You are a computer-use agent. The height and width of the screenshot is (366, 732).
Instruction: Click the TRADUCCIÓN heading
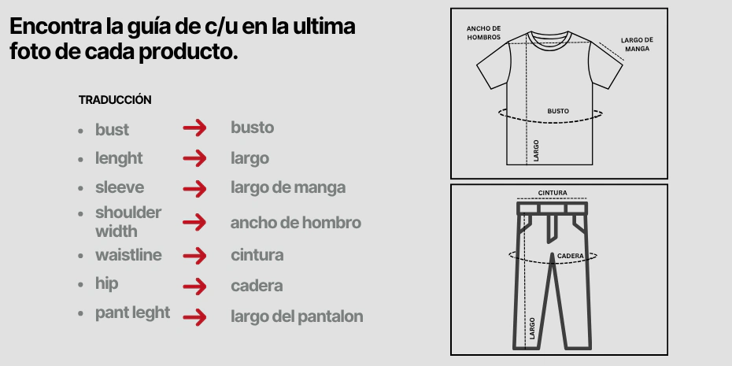115,100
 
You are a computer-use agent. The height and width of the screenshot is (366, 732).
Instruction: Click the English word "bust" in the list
112,129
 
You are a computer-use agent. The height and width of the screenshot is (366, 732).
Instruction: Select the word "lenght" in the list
119,159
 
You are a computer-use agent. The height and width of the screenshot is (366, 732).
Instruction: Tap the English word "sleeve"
120,187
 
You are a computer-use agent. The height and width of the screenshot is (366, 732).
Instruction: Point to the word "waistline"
128,255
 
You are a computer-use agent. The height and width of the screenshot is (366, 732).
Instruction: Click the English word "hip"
107,284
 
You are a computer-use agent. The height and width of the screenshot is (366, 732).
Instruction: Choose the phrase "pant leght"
132,312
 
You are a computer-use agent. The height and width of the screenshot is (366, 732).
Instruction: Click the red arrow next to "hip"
194,287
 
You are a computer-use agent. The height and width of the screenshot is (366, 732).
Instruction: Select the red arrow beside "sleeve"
194,189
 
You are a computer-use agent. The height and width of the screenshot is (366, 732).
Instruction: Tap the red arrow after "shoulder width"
194,222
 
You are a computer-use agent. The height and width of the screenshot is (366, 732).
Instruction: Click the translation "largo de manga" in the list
288,187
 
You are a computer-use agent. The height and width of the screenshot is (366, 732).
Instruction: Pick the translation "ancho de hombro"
296,223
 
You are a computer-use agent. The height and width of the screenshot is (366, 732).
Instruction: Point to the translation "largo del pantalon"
297,316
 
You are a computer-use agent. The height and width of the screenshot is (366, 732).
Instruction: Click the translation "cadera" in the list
257,286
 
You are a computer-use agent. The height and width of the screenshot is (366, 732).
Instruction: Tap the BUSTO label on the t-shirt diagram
558,111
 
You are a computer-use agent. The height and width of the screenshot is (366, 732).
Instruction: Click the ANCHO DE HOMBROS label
483,33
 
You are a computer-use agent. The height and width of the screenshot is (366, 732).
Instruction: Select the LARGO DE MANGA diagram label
637,44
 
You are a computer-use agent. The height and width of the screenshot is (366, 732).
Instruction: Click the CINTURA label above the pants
553,193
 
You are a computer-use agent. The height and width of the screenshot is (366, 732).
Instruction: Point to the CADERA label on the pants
571,256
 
